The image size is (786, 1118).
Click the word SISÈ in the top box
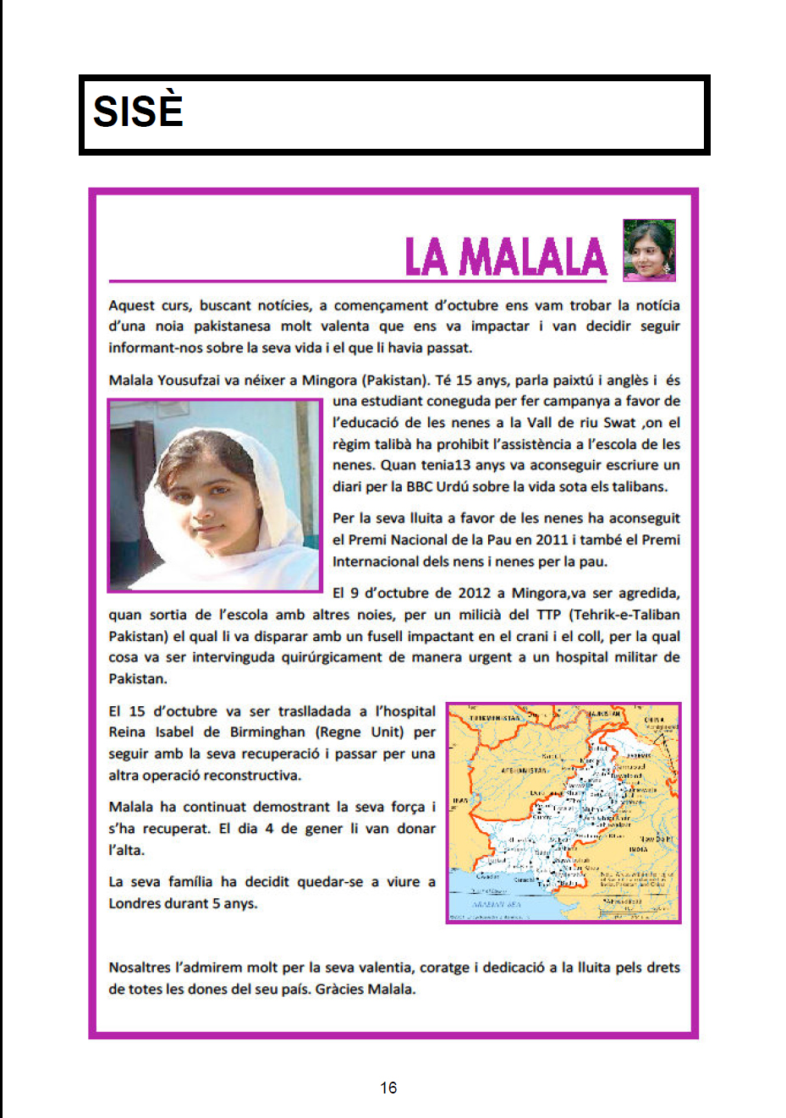(138, 112)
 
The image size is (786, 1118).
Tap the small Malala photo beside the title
(649, 250)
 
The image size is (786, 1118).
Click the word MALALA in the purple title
(533, 257)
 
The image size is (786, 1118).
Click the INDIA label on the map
(638, 849)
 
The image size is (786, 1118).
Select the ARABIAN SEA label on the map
(497, 904)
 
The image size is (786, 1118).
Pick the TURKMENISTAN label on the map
(494, 718)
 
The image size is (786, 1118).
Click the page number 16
(388, 1088)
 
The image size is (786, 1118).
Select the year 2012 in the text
(474, 593)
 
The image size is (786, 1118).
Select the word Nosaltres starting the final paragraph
(140, 967)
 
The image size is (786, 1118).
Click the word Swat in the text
(619, 422)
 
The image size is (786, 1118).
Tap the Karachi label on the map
(524, 880)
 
